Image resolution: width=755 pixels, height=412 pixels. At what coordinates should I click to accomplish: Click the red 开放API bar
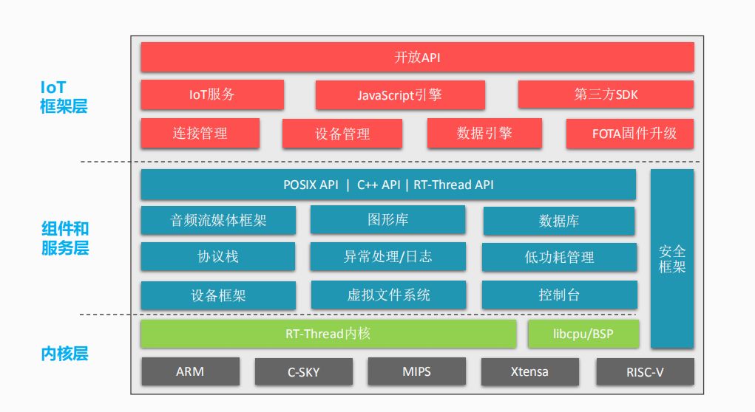417,57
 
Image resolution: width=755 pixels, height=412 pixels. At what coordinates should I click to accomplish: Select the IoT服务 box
212,95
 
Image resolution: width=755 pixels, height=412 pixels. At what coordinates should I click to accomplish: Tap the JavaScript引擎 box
400,95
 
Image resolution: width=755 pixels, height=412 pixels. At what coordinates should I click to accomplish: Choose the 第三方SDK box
606,95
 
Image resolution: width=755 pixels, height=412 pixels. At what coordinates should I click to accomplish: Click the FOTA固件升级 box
630,133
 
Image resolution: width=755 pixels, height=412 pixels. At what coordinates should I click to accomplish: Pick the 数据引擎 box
484,133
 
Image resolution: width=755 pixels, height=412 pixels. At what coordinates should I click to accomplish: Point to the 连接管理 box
200,133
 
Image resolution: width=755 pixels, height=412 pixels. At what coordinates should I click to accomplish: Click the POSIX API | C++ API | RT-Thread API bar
388,185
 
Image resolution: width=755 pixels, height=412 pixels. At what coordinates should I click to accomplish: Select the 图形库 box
387,220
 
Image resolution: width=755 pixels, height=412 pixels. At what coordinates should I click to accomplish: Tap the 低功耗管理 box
559,257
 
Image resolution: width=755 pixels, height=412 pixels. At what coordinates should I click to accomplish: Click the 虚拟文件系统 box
388,295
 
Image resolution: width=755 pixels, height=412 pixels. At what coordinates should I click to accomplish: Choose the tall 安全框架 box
672,258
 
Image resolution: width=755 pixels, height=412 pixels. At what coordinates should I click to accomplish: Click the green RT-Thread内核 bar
328,334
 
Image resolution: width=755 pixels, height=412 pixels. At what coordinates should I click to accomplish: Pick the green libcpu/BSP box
583,334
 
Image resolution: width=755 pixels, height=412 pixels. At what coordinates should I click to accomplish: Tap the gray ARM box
190,371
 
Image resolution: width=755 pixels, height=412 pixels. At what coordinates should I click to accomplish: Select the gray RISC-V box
646,371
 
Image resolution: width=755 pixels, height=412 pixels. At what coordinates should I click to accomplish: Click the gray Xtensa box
529,371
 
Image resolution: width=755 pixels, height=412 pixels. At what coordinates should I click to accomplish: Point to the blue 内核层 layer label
64,354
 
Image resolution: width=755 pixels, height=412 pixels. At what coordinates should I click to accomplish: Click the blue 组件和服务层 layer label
65,238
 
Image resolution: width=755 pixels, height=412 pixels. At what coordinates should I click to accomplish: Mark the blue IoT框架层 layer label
64,97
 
